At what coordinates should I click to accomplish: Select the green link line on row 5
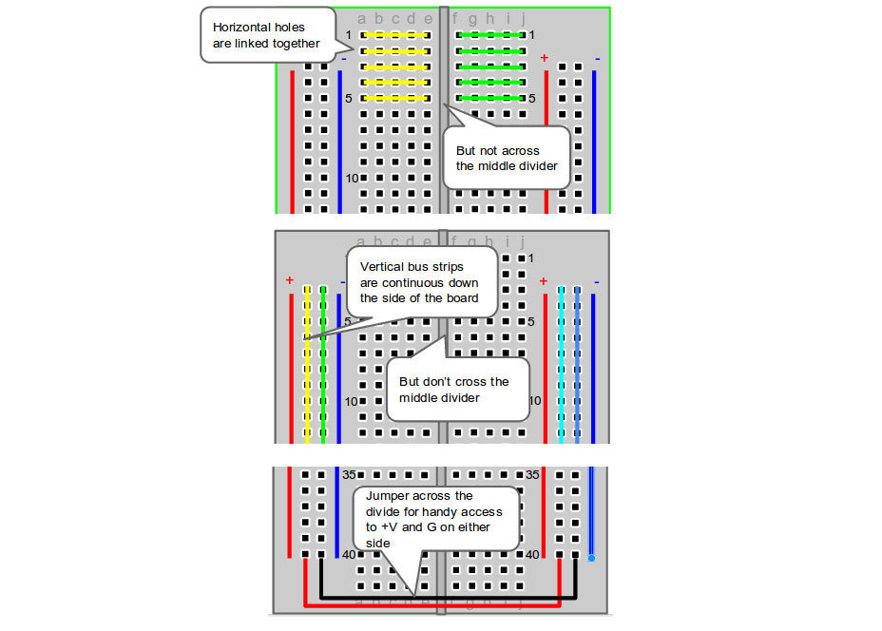coord(490,98)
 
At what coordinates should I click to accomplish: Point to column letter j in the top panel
coord(522,17)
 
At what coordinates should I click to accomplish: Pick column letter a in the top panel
coord(362,18)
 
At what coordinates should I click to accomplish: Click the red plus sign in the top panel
coord(545,58)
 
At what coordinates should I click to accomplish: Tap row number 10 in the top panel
coord(351,179)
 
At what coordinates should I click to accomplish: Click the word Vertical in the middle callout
coord(380,268)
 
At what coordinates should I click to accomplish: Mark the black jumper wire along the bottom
coord(447,596)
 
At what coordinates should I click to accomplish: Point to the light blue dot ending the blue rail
coord(591,558)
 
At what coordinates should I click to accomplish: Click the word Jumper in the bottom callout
coord(386,496)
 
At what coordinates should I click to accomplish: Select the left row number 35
coord(348,474)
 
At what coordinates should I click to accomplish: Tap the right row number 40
coord(533,554)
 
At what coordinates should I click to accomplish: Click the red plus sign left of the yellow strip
coord(289,280)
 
